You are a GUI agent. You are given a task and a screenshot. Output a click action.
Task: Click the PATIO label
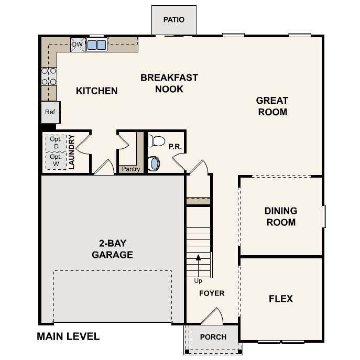coord(174,19)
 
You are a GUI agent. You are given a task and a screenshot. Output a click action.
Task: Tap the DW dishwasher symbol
coord(78,45)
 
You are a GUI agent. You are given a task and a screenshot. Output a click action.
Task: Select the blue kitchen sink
coord(96,45)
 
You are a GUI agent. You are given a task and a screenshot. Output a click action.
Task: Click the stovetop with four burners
coord(49,77)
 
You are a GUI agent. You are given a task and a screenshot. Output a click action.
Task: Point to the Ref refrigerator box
coord(51,112)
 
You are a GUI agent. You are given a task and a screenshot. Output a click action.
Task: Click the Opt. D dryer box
coord(56,143)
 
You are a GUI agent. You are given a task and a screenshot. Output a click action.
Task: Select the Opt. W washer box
coord(56,161)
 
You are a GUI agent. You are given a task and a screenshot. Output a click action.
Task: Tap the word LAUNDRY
coord(72,152)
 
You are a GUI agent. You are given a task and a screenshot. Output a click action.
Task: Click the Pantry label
coord(131,169)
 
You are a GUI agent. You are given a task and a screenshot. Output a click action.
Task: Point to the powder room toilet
coord(156,141)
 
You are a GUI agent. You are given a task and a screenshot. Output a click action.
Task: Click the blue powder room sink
coord(154,163)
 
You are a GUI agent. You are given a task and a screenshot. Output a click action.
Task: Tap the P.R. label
coord(175,147)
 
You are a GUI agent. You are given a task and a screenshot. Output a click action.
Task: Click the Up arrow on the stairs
coord(198,266)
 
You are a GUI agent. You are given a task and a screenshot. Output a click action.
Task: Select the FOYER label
coord(212,293)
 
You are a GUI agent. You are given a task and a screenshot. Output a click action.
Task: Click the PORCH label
coord(213,337)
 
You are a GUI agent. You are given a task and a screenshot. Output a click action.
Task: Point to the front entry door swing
coord(213,316)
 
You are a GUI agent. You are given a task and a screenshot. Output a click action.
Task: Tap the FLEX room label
coord(281,299)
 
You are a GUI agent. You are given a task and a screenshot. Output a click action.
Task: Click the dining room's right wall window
coord(324,216)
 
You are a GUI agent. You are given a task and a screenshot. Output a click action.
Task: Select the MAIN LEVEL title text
coord(68,336)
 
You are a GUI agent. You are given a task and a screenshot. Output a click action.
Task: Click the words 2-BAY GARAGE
coord(112,249)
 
